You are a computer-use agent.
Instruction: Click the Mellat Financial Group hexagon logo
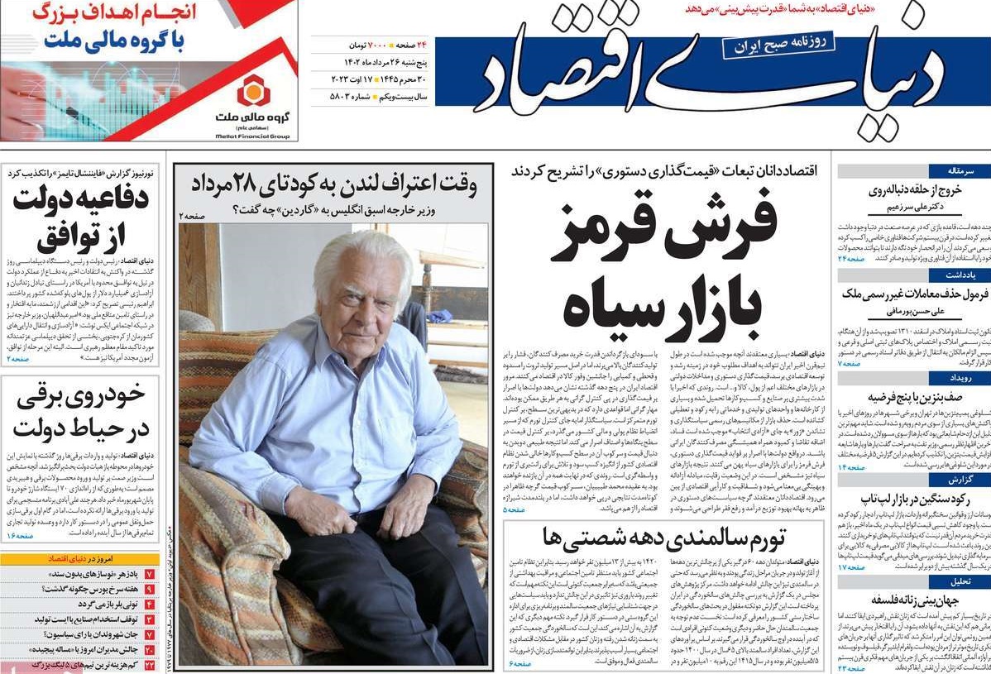[251, 89]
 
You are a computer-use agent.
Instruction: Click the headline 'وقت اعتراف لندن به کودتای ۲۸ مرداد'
[333, 183]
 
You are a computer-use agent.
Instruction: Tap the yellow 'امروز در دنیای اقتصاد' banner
[79, 559]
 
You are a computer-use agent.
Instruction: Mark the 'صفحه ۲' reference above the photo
[191, 215]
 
